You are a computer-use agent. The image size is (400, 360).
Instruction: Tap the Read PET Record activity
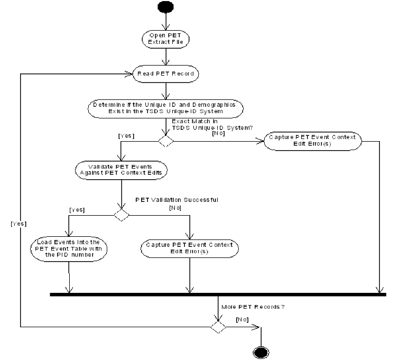165,74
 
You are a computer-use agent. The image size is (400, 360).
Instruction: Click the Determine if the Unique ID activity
165,108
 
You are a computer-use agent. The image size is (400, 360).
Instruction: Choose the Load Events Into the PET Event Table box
69,248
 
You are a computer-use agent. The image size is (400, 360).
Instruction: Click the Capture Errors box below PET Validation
190,248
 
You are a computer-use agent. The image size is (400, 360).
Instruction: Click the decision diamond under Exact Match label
166,141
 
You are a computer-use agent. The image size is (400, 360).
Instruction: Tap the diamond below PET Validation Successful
122,215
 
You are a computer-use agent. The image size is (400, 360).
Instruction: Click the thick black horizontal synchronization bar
218,294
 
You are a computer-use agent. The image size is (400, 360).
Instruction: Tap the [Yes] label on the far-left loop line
19,224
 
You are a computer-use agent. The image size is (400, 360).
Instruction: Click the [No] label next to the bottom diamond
241,319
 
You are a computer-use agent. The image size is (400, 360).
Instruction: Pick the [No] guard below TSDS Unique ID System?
219,133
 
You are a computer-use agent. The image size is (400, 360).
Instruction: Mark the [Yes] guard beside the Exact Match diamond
127,136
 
